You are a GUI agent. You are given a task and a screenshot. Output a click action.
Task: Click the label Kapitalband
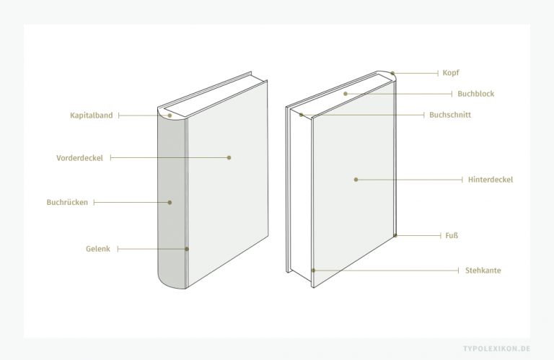tap(91, 115)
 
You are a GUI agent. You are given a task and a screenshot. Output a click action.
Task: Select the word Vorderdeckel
tap(79, 158)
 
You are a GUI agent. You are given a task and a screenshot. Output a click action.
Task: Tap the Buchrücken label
tap(67, 203)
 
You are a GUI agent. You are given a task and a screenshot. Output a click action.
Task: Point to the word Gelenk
tap(98, 249)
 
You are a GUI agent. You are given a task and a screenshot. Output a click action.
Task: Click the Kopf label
tap(451, 73)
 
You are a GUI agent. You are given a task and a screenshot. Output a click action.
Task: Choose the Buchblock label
tap(475, 94)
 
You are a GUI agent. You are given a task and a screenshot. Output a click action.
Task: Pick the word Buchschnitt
tap(450, 115)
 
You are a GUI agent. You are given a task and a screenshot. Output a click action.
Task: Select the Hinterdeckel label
tap(491, 180)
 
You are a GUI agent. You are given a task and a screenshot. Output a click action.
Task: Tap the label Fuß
tap(452, 236)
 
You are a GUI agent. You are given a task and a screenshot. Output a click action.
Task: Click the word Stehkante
tap(483, 271)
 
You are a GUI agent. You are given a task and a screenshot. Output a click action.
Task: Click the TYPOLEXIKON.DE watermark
tap(497, 348)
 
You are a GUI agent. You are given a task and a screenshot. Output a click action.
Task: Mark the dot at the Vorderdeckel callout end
tap(229, 157)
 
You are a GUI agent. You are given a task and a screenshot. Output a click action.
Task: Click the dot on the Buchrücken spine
tap(170, 203)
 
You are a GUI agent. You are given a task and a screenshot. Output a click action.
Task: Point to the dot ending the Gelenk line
tap(187, 249)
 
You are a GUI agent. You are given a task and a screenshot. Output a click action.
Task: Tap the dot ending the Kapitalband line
tap(170, 115)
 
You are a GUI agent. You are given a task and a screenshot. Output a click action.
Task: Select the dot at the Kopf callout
tap(392, 74)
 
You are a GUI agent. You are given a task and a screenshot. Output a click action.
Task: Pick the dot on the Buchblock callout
tap(346, 94)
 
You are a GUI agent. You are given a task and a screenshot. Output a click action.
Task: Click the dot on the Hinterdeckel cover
tap(356, 180)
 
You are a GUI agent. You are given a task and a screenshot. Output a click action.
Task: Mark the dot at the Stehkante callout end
tap(313, 271)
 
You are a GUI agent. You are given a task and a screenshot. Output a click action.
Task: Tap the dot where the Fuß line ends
tap(395, 235)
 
